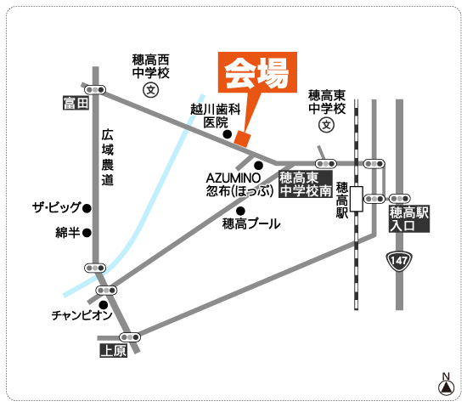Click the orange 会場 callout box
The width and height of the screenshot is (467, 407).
coord(257,72)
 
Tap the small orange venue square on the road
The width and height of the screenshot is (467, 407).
coord(243,138)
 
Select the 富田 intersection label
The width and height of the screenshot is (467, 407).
coord(76,103)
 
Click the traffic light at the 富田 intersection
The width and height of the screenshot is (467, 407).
coord(95,89)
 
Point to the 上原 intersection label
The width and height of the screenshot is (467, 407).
coord(114,351)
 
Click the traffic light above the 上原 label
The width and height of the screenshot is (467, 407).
coord(130,337)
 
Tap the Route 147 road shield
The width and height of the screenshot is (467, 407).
coord(399,262)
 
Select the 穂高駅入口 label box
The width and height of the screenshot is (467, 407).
coord(409,219)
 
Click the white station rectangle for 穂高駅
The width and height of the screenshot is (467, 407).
coord(357,199)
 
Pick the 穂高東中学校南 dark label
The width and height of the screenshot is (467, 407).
coord(306,184)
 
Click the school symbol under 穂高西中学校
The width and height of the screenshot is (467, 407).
coord(150,90)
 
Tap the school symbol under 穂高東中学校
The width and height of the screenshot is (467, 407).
coord(326,125)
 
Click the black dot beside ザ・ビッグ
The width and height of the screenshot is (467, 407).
coord(87,208)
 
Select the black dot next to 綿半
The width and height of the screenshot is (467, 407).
coord(87,233)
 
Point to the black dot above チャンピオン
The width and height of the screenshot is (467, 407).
coord(104,305)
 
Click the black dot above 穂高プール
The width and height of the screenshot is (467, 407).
coord(240,212)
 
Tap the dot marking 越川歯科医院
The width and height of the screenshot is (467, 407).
coord(228,134)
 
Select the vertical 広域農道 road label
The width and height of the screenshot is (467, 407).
coord(107,157)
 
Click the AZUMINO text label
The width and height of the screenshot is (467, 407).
coord(233,178)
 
